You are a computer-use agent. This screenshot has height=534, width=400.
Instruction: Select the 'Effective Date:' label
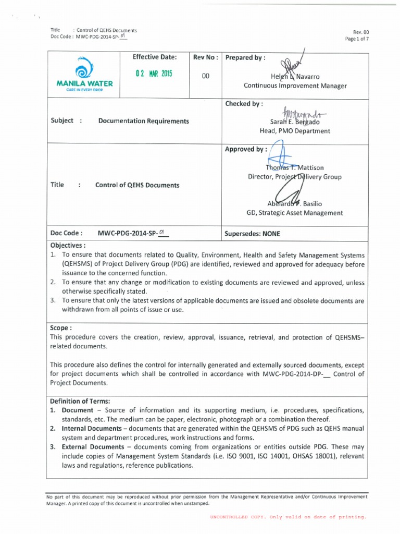[155, 57]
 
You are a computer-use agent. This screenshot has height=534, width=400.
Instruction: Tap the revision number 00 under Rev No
[205, 76]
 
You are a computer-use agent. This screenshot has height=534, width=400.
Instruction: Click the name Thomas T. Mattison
[295, 168]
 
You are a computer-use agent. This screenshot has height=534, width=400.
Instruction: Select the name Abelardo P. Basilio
[294, 203]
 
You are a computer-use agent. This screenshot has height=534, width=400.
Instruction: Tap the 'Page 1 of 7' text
[357, 39]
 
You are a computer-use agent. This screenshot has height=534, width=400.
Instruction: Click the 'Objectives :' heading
[68, 245]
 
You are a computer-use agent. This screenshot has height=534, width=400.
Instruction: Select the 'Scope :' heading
[60, 329]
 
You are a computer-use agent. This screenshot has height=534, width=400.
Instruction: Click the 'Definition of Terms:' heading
[80, 401]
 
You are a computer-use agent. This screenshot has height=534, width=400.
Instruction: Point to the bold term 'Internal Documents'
[92, 428]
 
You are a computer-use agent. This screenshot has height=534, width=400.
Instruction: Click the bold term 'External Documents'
[92, 447]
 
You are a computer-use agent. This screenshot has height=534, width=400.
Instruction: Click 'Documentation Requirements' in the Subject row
[143, 120]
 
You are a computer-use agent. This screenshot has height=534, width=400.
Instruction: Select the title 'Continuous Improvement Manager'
[295, 86]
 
